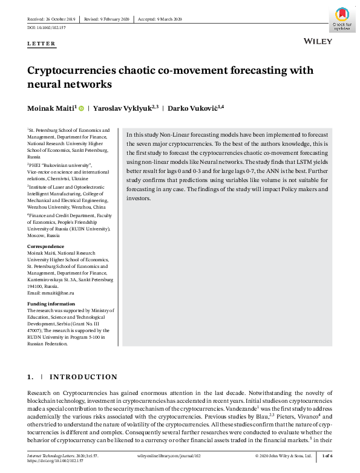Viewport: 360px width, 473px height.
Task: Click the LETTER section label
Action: click(41, 44)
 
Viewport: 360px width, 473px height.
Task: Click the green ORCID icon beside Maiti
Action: click(80, 108)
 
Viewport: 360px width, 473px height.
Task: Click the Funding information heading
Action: click(51, 304)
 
